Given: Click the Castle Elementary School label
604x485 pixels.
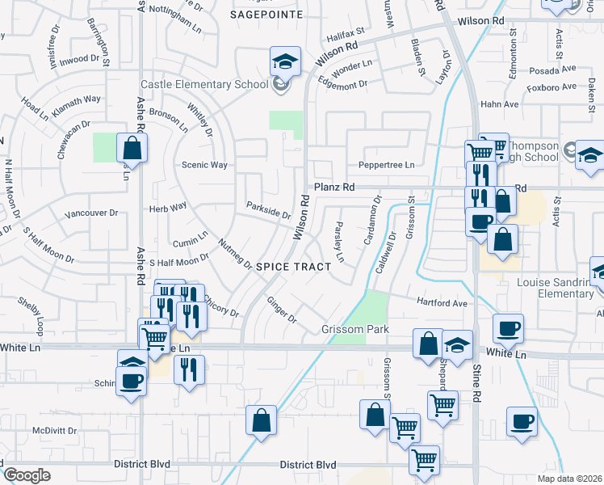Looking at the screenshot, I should pyautogui.click(x=204, y=84).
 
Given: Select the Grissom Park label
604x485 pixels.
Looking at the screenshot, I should pyautogui.click(x=355, y=329).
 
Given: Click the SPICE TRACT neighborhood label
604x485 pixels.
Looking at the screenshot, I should pyautogui.click(x=294, y=266).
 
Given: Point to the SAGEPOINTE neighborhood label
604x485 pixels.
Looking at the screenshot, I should pyautogui.click(x=266, y=15).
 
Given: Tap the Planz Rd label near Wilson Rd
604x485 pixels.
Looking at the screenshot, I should pyautogui.click(x=334, y=187).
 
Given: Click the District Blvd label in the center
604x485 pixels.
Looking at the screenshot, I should pyautogui.click(x=308, y=465).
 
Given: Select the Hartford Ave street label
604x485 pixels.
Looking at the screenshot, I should pyautogui.click(x=442, y=303).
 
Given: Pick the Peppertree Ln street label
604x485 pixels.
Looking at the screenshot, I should pyautogui.click(x=386, y=165).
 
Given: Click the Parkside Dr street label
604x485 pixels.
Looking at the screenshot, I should pyautogui.click(x=268, y=212).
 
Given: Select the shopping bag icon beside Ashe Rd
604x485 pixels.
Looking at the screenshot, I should pyautogui.click(x=131, y=148).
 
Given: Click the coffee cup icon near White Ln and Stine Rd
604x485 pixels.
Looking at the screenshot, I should pyautogui.click(x=508, y=328).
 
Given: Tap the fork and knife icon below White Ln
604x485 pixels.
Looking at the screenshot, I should pyautogui.click(x=189, y=369).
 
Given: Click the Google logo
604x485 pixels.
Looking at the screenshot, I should pyautogui.click(x=27, y=475).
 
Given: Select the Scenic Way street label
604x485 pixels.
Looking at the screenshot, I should pyautogui.click(x=205, y=165).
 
